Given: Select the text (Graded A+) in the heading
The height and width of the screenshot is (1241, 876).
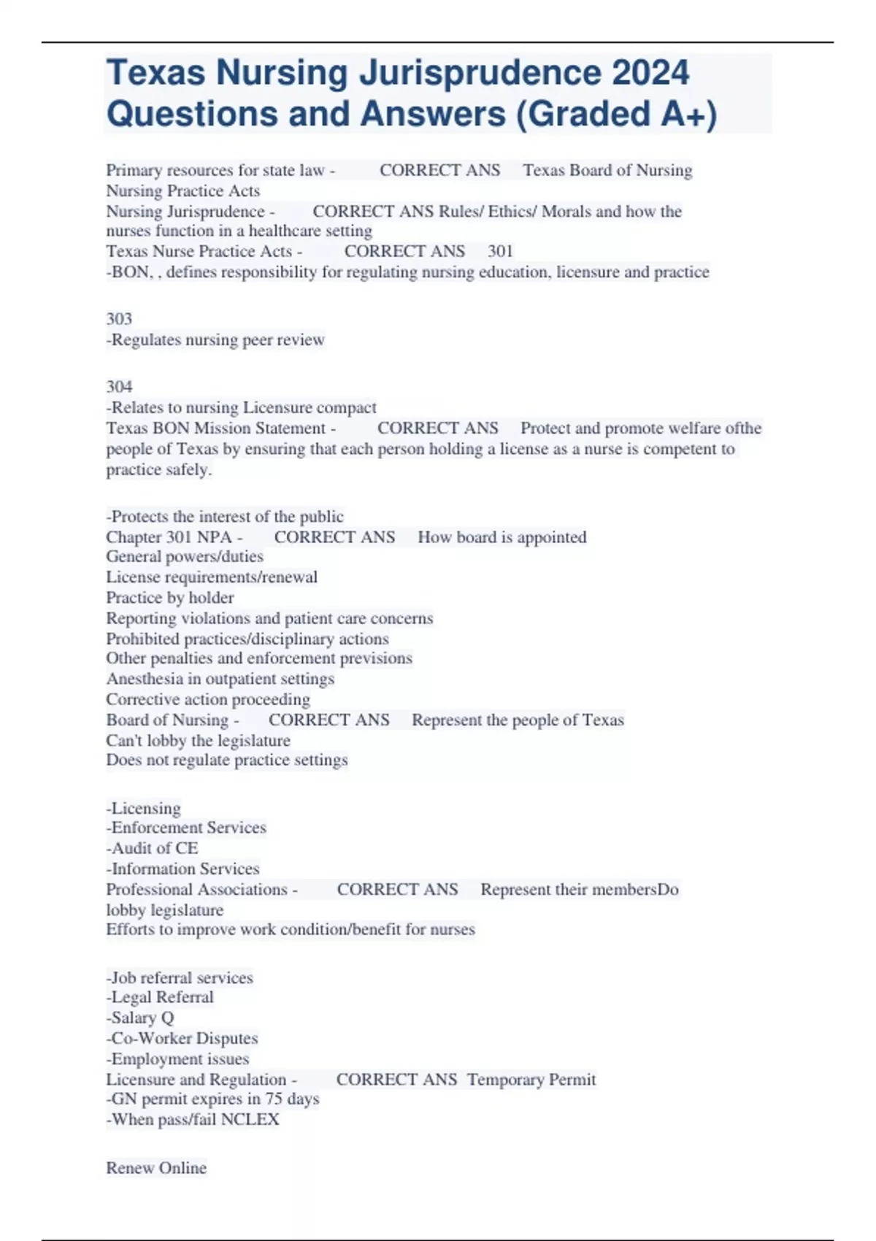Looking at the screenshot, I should pyautogui.click(x=617, y=114).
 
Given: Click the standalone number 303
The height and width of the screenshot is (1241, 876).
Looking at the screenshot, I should pyautogui.click(x=119, y=319).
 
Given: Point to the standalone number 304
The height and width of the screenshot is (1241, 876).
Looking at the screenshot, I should pyautogui.click(x=119, y=387).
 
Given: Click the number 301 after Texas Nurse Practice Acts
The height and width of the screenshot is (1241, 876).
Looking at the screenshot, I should pyautogui.click(x=500, y=251).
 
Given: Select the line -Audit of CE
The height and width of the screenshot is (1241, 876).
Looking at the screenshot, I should pyautogui.click(x=152, y=848).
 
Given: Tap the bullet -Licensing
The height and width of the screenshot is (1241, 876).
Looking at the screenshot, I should pyautogui.click(x=144, y=808).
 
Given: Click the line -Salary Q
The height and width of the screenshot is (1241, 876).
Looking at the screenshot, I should pyautogui.click(x=140, y=1018).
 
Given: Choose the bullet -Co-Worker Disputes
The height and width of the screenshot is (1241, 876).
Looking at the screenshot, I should pyautogui.click(x=182, y=1038).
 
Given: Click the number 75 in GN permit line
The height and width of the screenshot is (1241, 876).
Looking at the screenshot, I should pyautogui.click(x=274, y=1099).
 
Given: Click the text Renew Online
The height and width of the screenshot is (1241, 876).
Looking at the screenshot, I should pyautogui.click(x=156, y=1168).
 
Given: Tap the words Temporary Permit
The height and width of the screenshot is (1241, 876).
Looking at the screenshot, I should pyautogui.click(x=531, y=1079).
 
